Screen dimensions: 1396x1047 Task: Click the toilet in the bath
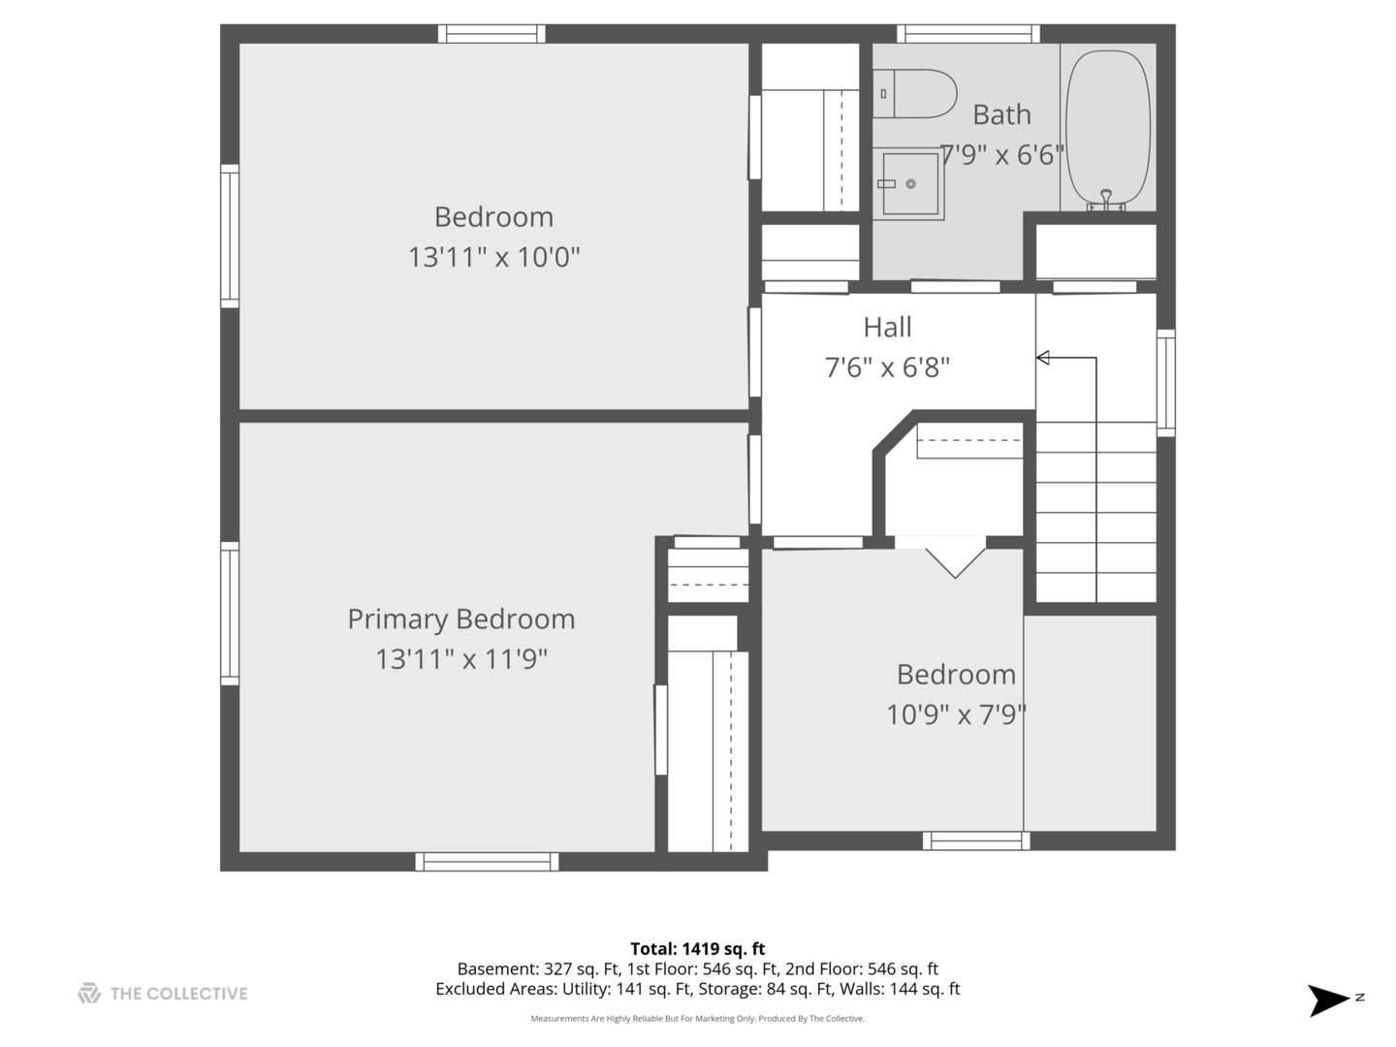pyautogui.click(x=914, y=93)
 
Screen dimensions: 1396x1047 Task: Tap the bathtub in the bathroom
pyautogui.click(x=1107, y=129)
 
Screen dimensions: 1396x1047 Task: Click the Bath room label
pyautogui.click(x=1001, y=115)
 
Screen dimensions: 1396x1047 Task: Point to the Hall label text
pyautogui.click(x=887, y=328)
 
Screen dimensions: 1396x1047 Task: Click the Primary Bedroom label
pyautogui.click(x=461, y=619)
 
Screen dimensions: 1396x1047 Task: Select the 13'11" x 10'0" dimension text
pyautogui.click(x=493, y=258)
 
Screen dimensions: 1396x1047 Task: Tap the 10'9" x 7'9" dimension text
pyautogui.click(x=956, y=715)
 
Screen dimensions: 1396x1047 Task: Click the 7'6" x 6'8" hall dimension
pyautogui.click(x=887, y=367)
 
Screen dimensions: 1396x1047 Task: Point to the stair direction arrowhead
pyautogui.click(x=1042, y=358)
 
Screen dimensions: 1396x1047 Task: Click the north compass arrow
pyautogui.click(x=1327, y=1000)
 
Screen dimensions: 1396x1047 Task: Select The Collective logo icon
pyautogui.click(x=89, y=993)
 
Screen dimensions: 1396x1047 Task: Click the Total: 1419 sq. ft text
pyautogui.click(x=698, y=949)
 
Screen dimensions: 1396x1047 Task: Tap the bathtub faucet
pyautogui.click(x=1106, y=199)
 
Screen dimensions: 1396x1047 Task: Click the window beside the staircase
pyautogui.click(x=1166, y=383)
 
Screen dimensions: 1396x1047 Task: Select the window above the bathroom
pyautogui.click(x=968, y=34)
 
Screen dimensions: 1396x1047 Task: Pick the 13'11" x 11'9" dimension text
pyautogui.click(x=461, y=659)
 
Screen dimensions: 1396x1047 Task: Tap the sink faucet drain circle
pyautogui.click(x=910, y=184)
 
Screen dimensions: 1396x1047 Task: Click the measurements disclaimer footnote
pyautogui.click(x=698, y=1018)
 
